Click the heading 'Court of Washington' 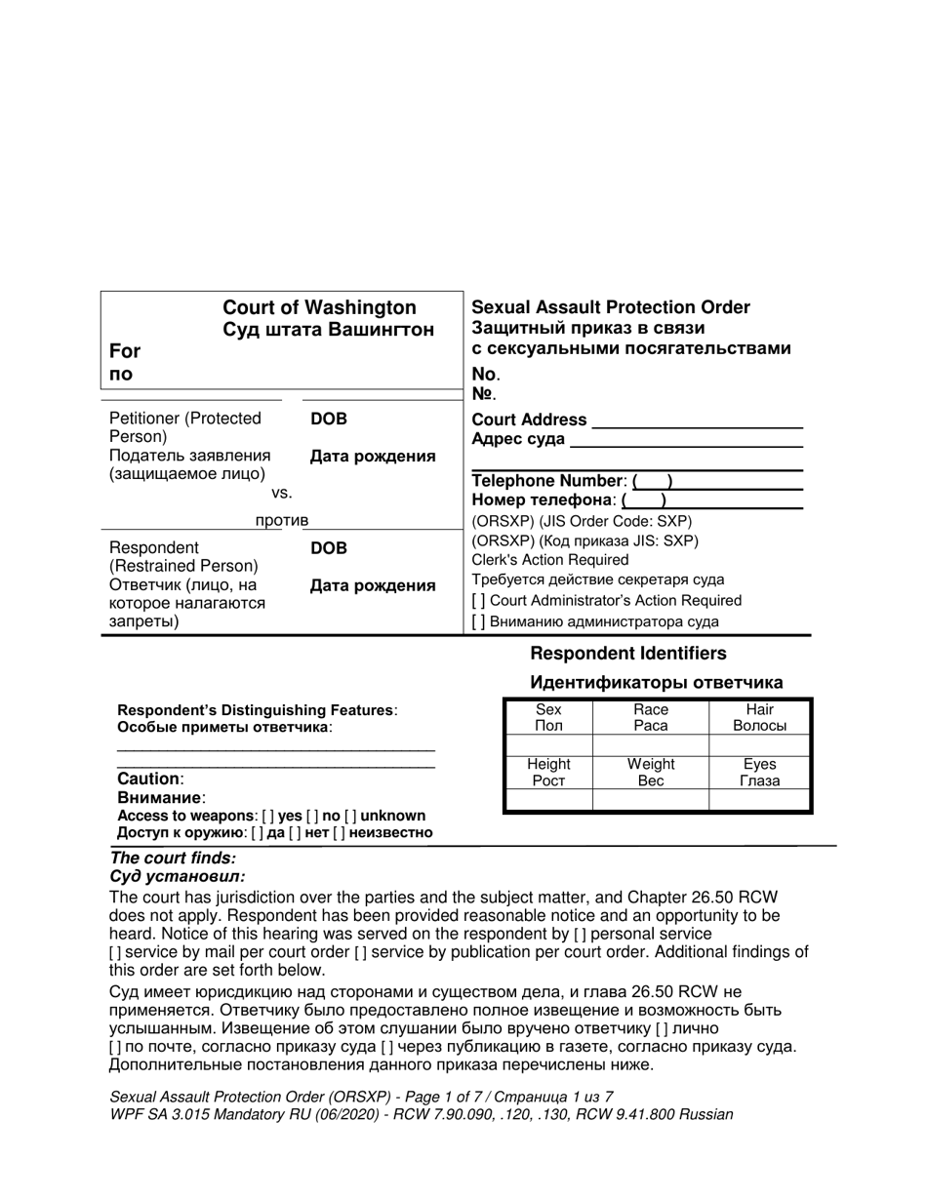(x=319, y=308)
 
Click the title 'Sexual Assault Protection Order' (x=611, y=307)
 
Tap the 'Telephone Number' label (x=547, y=481)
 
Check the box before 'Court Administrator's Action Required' (x=478, y=601)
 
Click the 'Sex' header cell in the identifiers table (x=548, y=710)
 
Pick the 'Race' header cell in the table (x=651, y=710)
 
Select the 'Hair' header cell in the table (x=759, y=710)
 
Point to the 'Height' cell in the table (x=548, y=765)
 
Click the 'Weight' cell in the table (x=651, y=765)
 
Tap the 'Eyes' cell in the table (x=759, y=765)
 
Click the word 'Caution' (x=148, y=780)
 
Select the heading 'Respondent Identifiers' (x=627, y=654)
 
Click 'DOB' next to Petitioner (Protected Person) (x=329, y=419)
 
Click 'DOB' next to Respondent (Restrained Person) (x=329, y=548)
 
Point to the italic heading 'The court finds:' (x=173, y=859)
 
